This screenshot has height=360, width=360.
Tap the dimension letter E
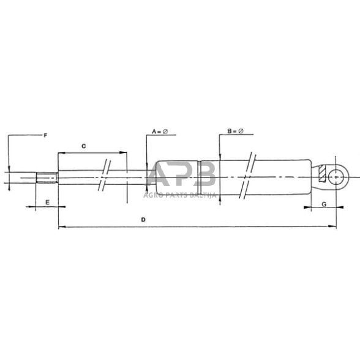[x=47, y=201]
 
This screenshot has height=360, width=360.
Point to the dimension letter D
[x=143, y=219]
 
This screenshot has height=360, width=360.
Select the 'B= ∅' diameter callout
[x=235, y=132]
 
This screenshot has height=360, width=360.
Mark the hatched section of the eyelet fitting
[x=323, y=174]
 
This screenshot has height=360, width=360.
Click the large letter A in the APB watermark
[x=162, y=175]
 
